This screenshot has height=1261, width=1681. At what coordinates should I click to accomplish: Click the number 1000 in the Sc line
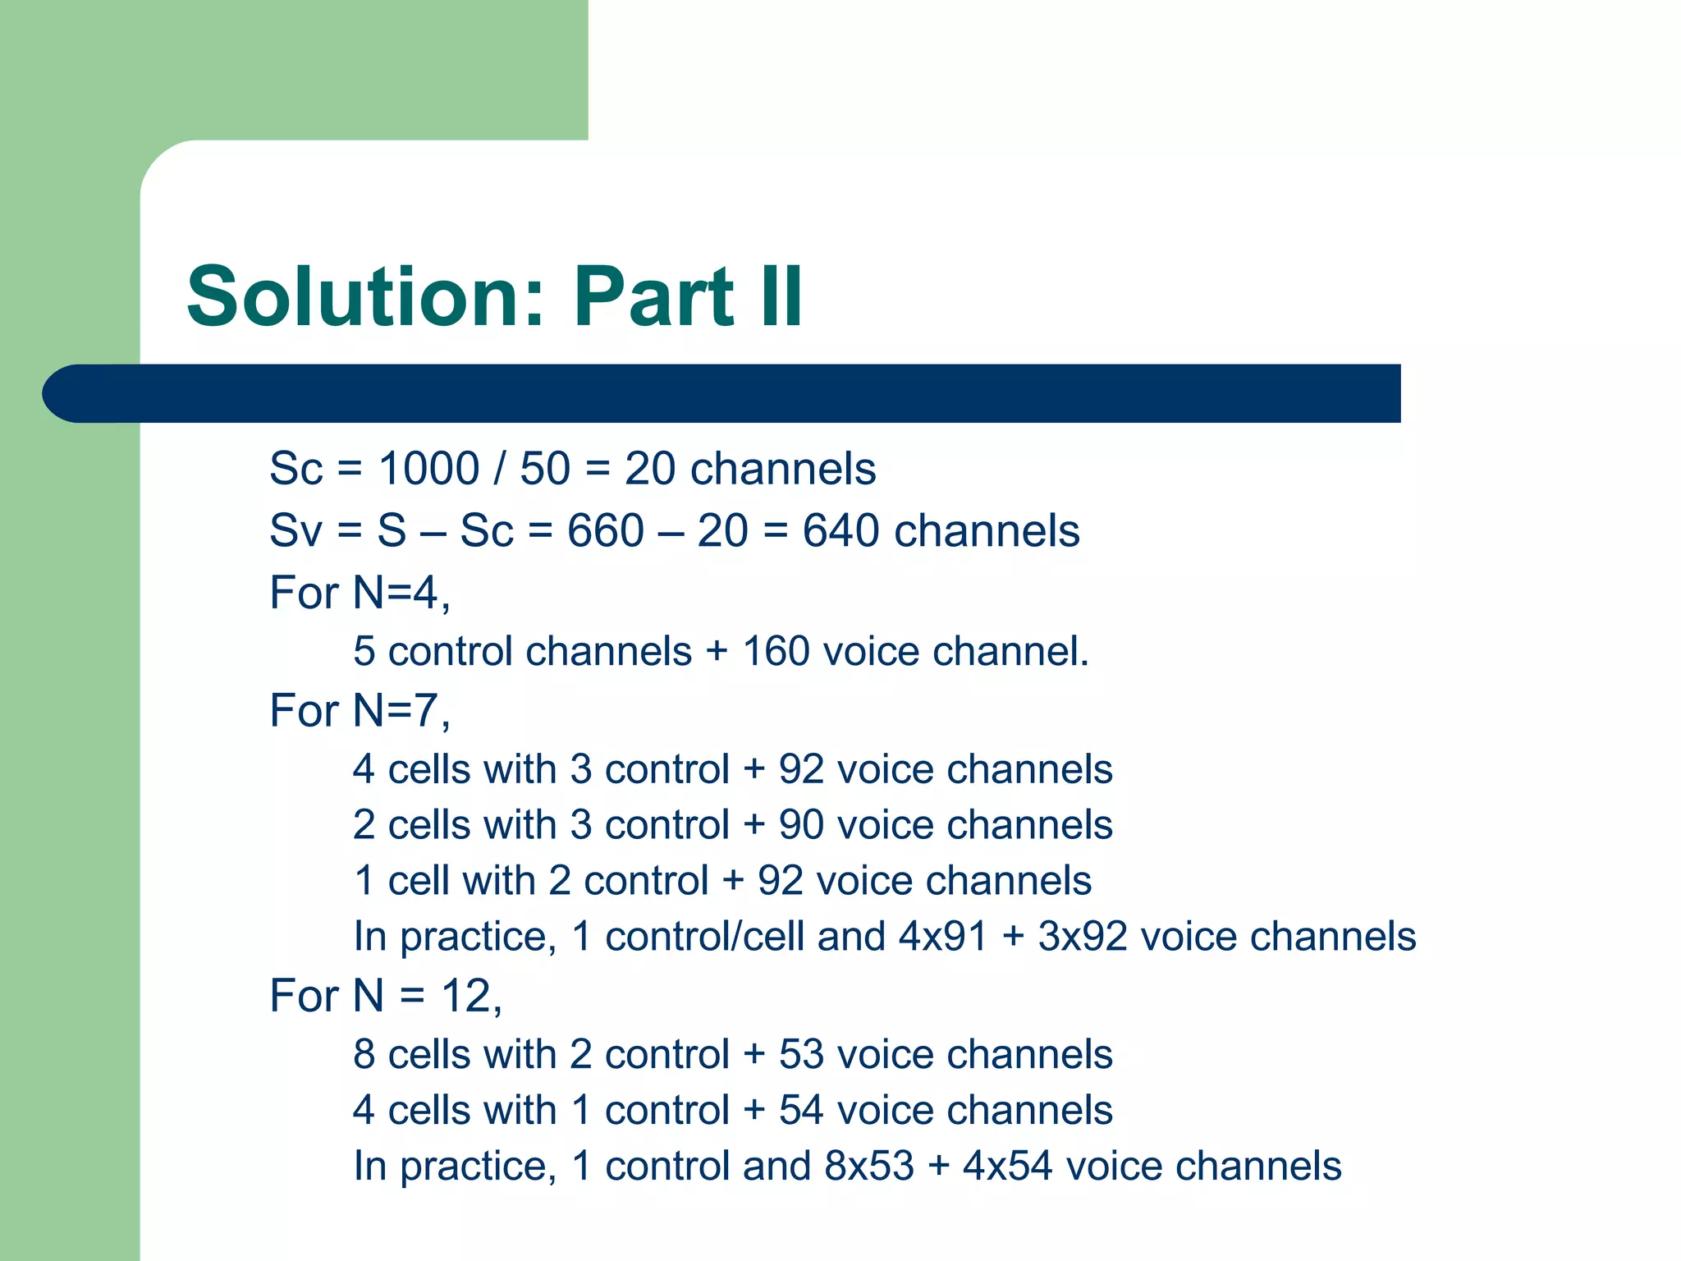(x=428, y=469)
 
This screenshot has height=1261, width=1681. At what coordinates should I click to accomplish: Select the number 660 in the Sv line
(x=606, y=530)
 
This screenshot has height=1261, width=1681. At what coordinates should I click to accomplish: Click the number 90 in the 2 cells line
(x=801, y=824)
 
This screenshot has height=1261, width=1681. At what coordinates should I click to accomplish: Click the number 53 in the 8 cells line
(x=801, y=1054)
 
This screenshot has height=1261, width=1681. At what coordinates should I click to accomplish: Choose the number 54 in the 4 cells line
(x=801, y=1110)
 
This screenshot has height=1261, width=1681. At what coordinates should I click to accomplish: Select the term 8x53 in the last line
(x=868, y=1166)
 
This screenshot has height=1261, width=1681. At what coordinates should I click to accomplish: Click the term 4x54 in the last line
(x=1007, y=1166)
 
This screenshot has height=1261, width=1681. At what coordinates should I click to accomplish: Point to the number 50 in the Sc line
(x=545, y=469)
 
